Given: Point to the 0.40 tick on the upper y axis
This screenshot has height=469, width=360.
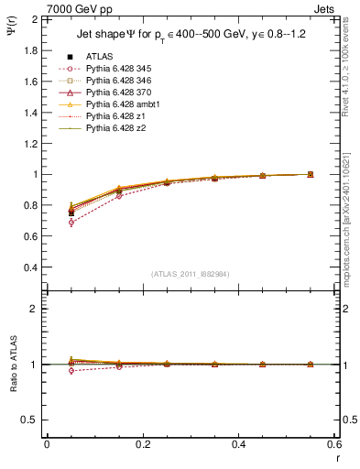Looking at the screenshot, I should [x=31, y=268].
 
